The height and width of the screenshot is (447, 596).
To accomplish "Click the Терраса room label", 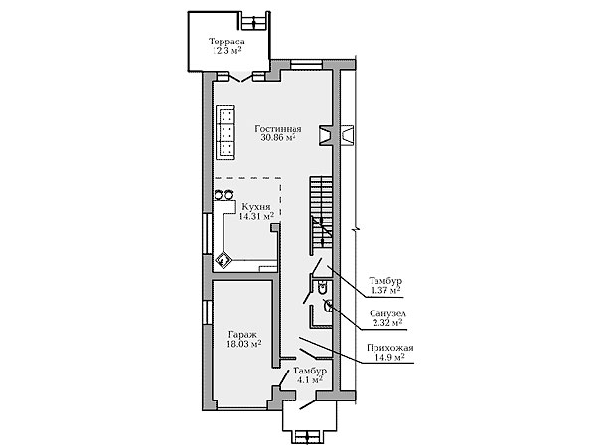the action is pos(226,41).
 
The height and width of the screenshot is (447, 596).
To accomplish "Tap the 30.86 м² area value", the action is pos(278,138).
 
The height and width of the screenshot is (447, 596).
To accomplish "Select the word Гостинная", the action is pos(278,129).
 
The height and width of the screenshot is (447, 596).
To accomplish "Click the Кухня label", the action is pos(256,207).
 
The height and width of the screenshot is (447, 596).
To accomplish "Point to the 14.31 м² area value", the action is pos(256,216).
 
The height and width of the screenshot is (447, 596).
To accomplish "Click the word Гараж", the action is pos(242,335).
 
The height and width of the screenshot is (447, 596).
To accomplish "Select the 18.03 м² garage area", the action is pos(243,344).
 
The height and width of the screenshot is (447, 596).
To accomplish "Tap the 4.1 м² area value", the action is pos(310,379).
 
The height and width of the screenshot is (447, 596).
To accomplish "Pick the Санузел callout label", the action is pos(387,314).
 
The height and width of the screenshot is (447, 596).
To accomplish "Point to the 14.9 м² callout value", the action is pos(389,357).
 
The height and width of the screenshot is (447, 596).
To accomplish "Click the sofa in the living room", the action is pos(225,132).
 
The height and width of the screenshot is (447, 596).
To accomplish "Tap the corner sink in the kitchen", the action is pos(223,261).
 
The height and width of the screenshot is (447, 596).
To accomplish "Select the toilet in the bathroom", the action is pos(322,288).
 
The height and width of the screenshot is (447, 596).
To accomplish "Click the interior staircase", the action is pos(321,216).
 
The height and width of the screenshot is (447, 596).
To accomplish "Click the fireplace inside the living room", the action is pos(325,135).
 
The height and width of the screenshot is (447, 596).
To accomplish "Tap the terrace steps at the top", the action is pos(254,20).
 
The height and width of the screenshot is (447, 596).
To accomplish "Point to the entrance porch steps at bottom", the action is pos(309,437).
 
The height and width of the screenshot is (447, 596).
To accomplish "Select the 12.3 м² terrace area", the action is pos(226,51).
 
